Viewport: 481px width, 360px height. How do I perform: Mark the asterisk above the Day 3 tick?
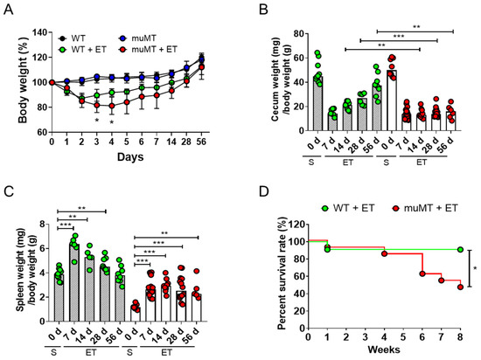[96, 121]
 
